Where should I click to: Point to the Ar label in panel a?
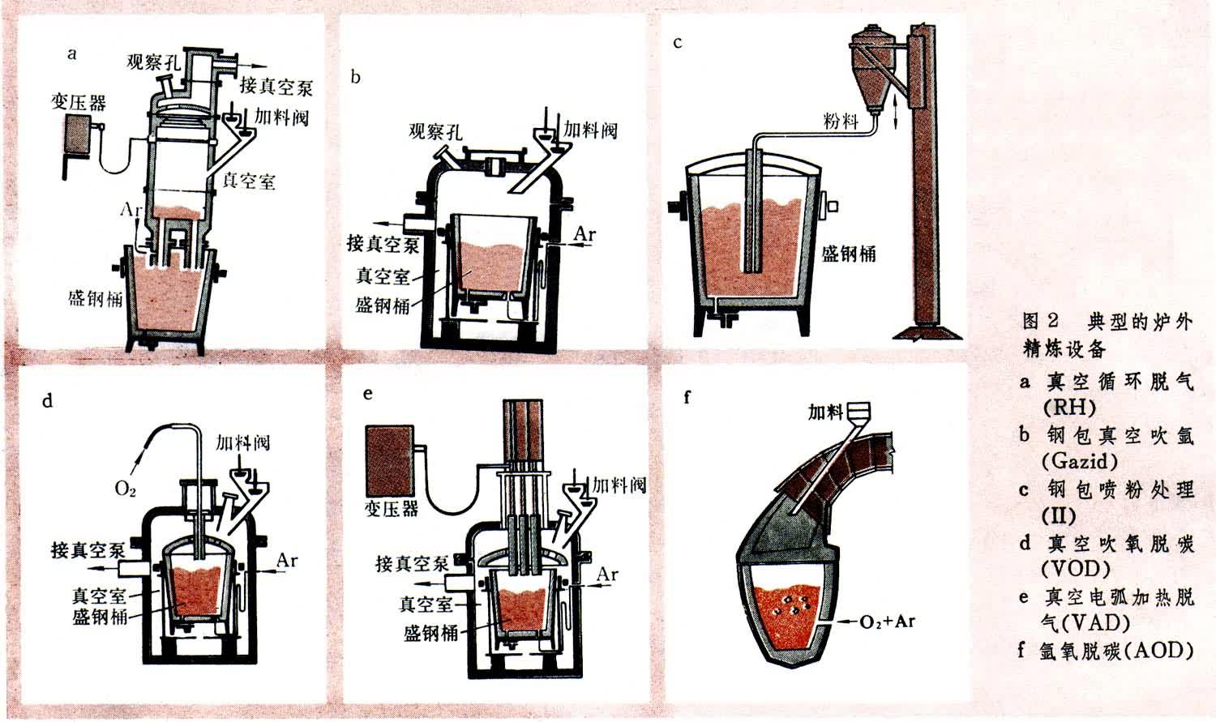click(131, 210)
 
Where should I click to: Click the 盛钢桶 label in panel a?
click(95, 297)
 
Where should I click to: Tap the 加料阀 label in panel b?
click(590, 130)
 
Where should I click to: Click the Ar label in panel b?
click(585, 234)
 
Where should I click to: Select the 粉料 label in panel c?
click(840, 122)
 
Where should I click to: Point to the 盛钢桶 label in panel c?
click(849, 254)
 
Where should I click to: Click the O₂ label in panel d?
click(125, 489)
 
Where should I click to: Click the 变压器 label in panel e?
click(392, 508)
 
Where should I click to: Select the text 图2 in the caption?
click(1043, 321)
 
